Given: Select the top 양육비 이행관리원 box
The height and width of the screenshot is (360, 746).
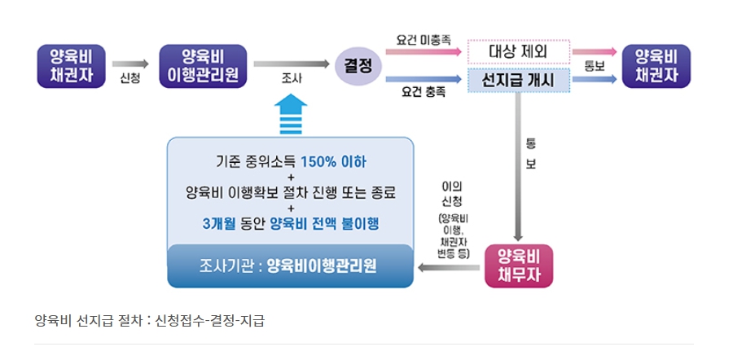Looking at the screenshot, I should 205,66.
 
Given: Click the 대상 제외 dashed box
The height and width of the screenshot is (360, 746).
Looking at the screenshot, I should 519,51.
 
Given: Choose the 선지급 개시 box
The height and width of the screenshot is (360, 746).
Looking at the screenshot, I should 519,81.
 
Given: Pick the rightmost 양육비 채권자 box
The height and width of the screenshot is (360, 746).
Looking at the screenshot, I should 656,66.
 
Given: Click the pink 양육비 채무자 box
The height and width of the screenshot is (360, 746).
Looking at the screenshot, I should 520,267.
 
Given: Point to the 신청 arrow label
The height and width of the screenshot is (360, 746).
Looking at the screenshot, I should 129,79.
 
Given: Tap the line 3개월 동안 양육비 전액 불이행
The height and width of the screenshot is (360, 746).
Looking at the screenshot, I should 291,224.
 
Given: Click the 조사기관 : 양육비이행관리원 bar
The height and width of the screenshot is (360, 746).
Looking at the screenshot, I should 291,266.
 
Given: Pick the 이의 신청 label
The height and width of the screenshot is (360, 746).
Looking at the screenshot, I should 452,193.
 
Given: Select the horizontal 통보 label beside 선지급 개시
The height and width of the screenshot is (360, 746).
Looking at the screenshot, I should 595,66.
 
